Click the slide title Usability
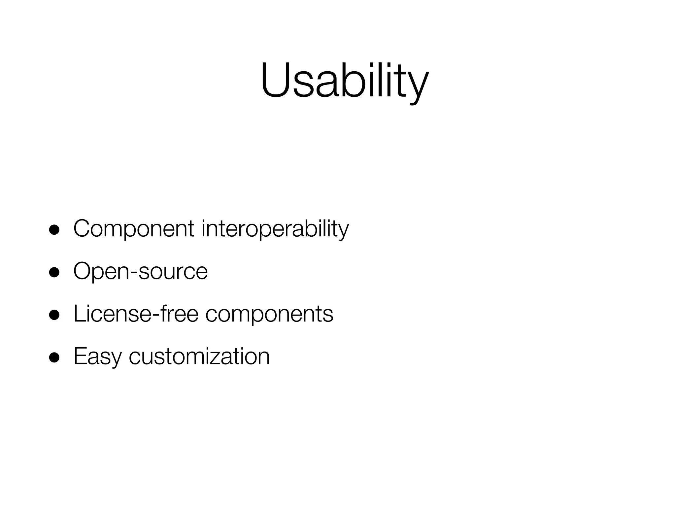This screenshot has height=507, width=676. coord(344,81)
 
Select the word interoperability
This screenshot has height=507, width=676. coord(275,228)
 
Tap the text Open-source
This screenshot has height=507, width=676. coord(140,271)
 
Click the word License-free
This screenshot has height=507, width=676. coord(136,314)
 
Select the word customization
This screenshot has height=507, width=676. coord(199,356)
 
